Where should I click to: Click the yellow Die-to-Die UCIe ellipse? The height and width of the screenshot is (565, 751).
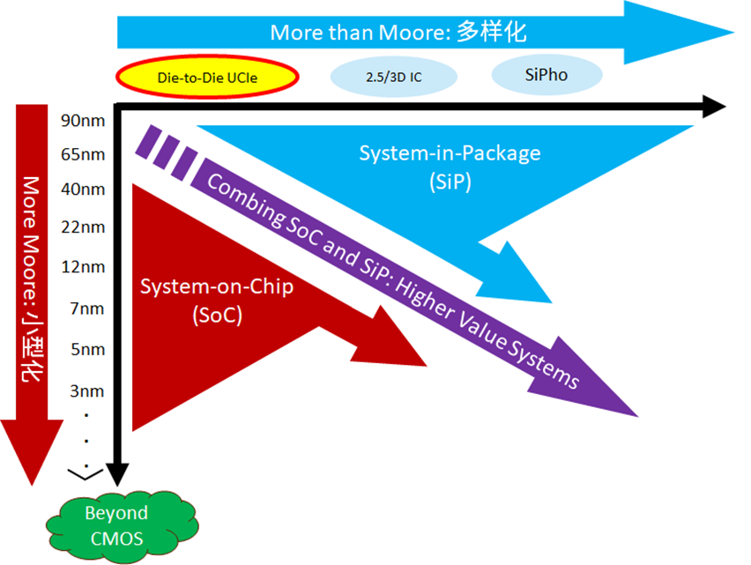[206, 76]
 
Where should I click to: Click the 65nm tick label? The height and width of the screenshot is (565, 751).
[84, 154]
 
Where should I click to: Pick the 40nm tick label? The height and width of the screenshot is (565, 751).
[84, 190]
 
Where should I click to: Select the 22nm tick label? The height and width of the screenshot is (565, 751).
[84, 227]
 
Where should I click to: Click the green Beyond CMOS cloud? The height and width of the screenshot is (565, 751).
[115, 524]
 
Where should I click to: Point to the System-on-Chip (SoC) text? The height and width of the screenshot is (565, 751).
[204, 300]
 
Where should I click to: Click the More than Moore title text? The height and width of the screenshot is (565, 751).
[398, 33]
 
